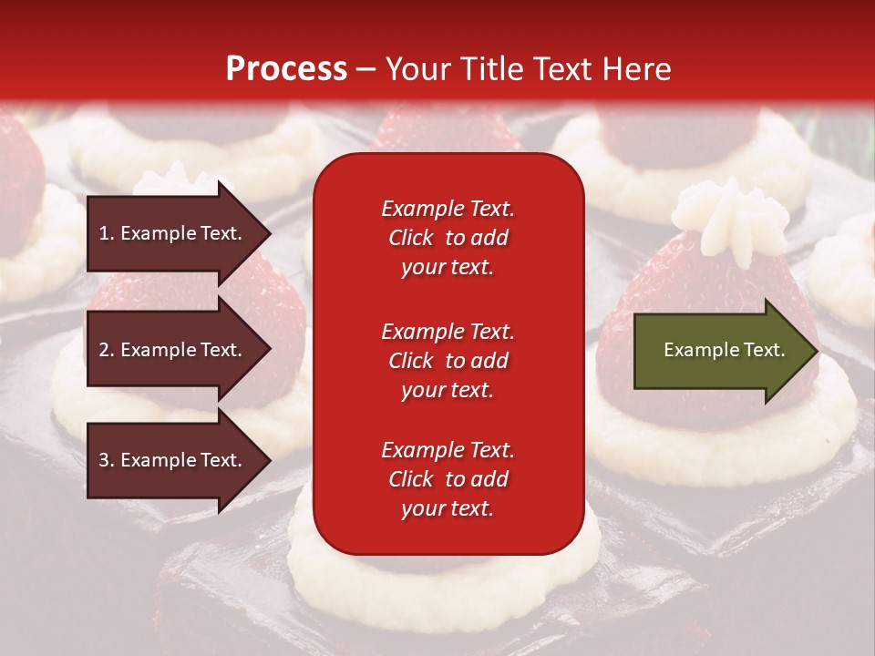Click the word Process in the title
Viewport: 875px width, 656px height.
tap(286, 69)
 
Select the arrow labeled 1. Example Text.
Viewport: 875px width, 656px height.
tap(173, 233)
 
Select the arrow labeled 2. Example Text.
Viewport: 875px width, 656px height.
tap(173, 350)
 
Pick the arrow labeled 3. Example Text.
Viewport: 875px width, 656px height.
tap(173, 460)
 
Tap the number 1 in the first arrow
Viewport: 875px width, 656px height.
tap(104, 233)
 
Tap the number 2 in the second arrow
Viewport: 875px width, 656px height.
tap(104, 350)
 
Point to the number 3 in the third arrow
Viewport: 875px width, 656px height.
tap(104, 460)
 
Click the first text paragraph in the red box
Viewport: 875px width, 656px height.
tap(448, 238)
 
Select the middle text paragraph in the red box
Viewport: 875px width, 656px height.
tap(448, 361)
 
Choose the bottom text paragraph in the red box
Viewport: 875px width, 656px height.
tap(448, 479)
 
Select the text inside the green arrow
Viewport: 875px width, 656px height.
tap(725, 350)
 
